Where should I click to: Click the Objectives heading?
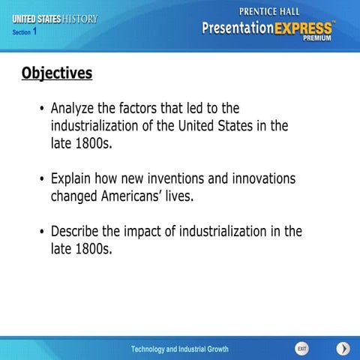pos(57,73)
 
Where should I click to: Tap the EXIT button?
pos(301,349)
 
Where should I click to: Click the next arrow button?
pos(342,349)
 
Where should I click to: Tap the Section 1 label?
pos(25,32)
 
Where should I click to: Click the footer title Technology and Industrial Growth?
pos(180,349)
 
